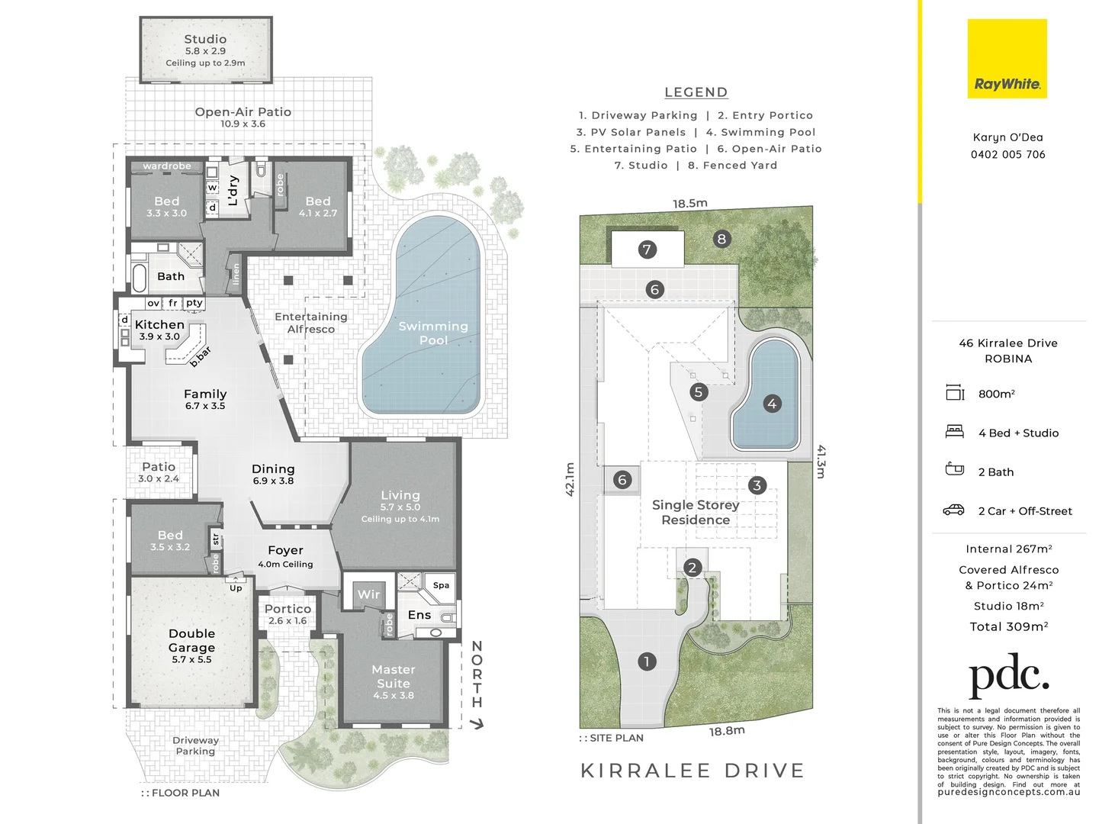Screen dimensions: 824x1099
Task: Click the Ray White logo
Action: tap(1007, 60)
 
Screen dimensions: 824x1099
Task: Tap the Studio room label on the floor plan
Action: tap(205, 40)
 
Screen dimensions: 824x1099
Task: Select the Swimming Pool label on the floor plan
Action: tap(433, 333)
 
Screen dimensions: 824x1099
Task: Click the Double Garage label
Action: tap(191, 641)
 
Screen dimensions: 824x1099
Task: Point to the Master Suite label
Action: tap(394, 677)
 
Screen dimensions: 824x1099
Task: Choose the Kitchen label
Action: tap(159, 325)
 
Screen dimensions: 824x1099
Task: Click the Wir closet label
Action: tap(368, 594)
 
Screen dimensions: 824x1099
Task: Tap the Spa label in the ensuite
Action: tap(441, 585)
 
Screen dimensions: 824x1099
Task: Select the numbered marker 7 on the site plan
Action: tap(647, 249)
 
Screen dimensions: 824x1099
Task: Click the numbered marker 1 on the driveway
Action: tap(647, 661)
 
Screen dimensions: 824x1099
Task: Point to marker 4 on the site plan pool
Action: tap(772, 404)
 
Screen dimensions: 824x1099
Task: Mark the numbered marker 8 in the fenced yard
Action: tap(721, 239)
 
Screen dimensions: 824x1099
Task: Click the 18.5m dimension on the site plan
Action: tap(689, 204)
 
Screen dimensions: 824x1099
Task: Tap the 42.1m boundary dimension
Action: tap(570, 479)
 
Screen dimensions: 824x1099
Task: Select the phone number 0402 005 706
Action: tap(1007, 154)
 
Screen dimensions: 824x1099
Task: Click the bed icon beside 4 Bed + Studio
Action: tap(954, 432)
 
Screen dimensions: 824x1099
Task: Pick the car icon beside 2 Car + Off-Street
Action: tap(954, 510)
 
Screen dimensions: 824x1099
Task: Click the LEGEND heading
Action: tap(696, 92)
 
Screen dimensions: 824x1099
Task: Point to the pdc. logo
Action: tap(1008, 674)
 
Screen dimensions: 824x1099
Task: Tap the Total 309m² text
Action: tap(1008, 626)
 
